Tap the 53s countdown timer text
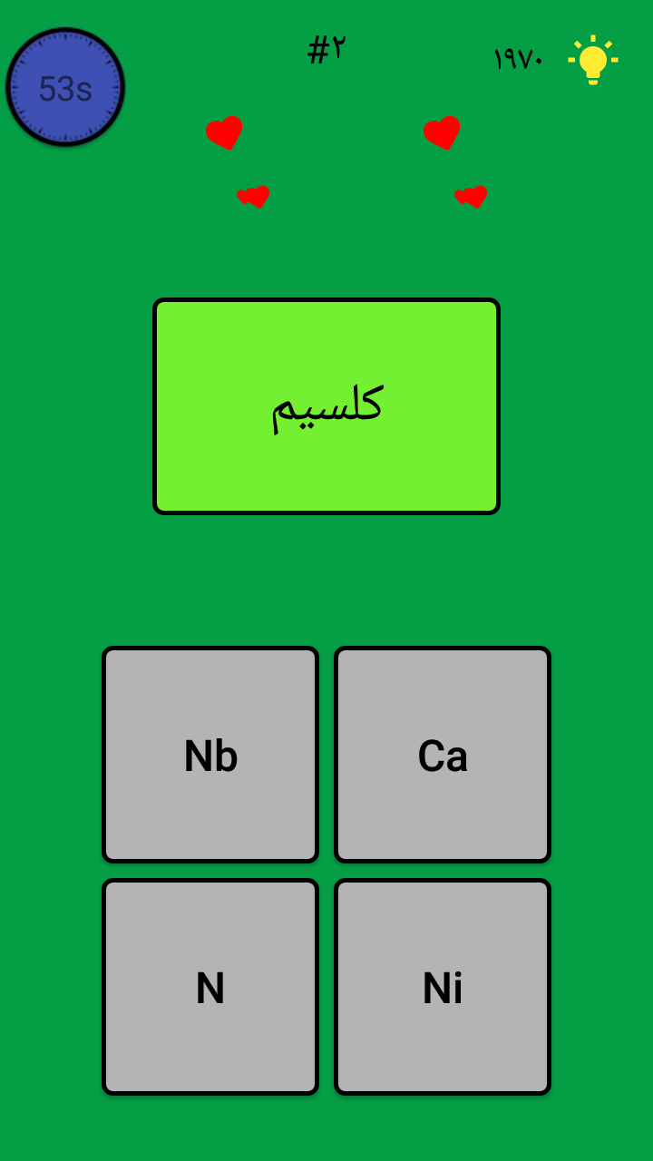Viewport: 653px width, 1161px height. [x=66, y=89]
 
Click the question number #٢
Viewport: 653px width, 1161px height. [x=326, y=50]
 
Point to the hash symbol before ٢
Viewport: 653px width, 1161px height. [x=317, y=51]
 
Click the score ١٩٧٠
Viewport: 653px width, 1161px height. [x=518, y=59]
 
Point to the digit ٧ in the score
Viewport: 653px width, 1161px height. [x=525, y=60]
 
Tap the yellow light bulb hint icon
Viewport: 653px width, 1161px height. [x=593, y=60]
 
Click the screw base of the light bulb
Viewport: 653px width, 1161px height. [x=593, y=79]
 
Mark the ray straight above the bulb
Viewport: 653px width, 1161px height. [x=593, y=38]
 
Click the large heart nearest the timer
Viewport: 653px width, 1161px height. [x=224, y=132]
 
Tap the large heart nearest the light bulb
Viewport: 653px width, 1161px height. [x=442, y=132]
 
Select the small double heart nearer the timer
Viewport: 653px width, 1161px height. [x=253, y=197]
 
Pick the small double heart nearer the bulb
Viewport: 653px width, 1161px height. [x=471, y=197]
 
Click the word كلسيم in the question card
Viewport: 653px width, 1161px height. [x=327, y=409]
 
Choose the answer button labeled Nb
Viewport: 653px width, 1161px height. [x=210, y=754]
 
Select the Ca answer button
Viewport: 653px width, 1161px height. [x=443, y=754]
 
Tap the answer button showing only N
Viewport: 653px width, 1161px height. [x=210, y=986]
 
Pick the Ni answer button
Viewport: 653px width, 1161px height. [x=443, y=986]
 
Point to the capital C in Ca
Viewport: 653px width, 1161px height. [x=430, y=756]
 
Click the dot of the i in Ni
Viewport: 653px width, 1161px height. [x=456, y=975]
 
